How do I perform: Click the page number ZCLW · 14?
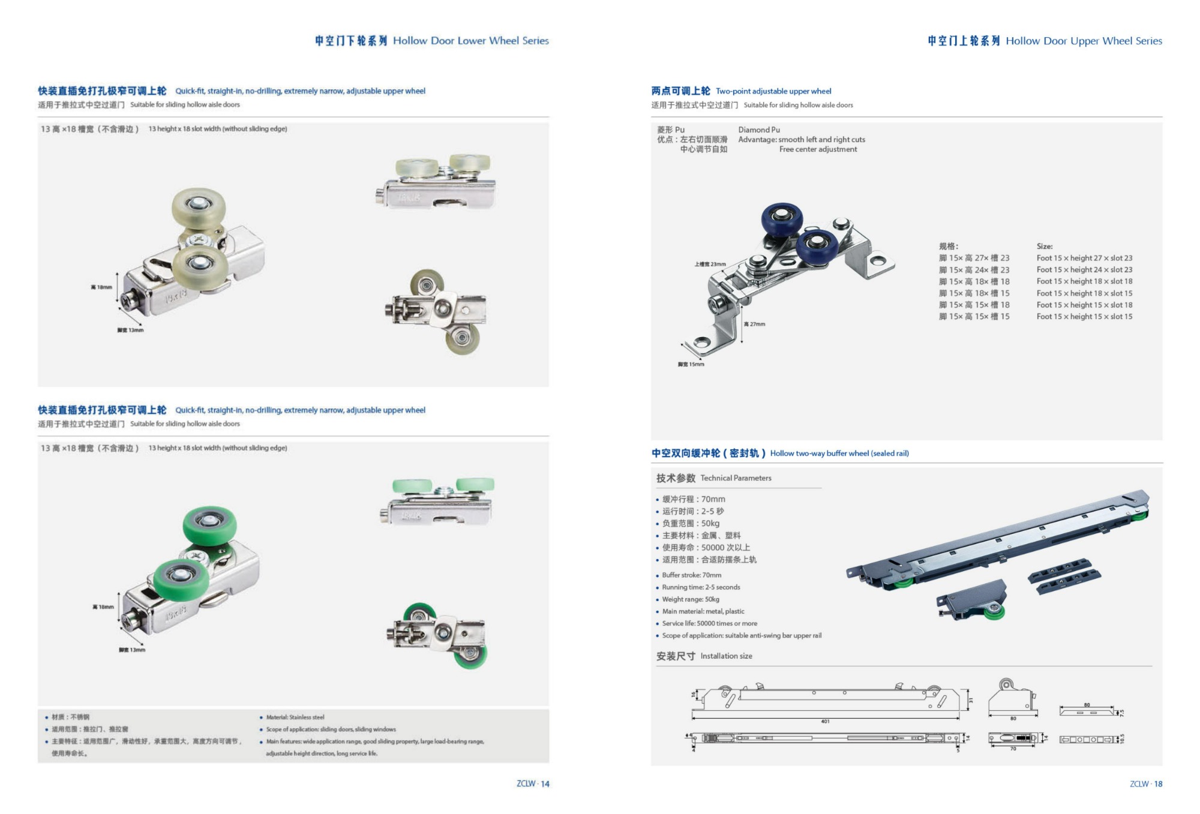[x=533, y=783]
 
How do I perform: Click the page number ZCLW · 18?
[x=1146, y=783]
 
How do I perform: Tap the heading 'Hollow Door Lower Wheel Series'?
[x=470, y=41]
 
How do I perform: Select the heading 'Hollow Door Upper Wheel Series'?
[x=1084, y=41]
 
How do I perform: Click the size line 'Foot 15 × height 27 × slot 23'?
[x=1084, y=258]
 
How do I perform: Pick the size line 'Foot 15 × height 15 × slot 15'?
[x=1084, y=316]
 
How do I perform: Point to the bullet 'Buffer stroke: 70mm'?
[x=691, y=575]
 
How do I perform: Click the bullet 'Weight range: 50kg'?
[x=690, y=599]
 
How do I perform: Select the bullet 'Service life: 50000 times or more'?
[x=709, y=623]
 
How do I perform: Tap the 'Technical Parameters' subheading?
[x=736, y=478]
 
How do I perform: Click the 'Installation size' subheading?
[x=726, y=656]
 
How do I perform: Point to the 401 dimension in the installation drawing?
[x=825, y=721]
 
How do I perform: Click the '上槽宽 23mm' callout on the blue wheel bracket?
[x=710, y=264]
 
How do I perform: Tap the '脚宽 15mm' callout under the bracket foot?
[x=691, y=364]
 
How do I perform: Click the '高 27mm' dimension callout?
[x=754, y=324]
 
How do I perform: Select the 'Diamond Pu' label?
[x=759, y=130]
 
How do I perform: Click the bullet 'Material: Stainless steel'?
[x=295, y=717]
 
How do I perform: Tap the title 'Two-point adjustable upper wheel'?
[x=773, y=91]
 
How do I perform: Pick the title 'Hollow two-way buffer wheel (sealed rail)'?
[x=839, y=453]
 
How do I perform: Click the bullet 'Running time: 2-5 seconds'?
[x=701, y=587]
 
